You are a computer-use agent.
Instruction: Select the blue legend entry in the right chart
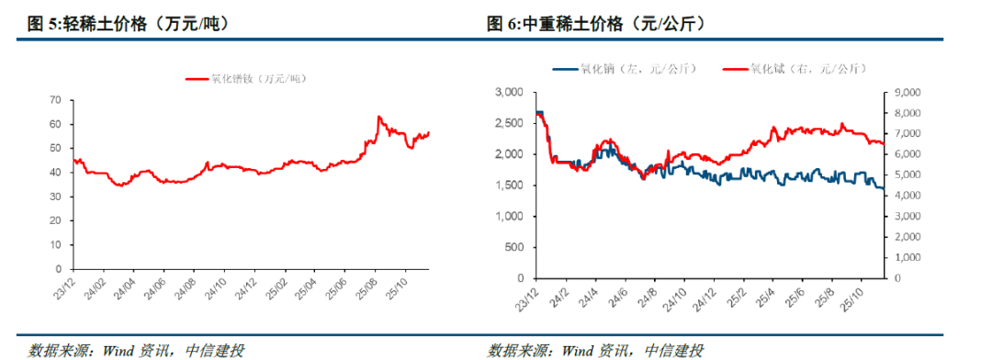(x=625, y=68)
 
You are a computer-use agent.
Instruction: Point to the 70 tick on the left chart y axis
(x=54, y=99)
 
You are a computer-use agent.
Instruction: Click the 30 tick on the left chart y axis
(x=54, y=197)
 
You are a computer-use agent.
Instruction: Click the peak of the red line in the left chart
(x=379, y=118)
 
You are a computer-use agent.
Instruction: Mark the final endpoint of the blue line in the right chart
(x=884, y=188)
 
